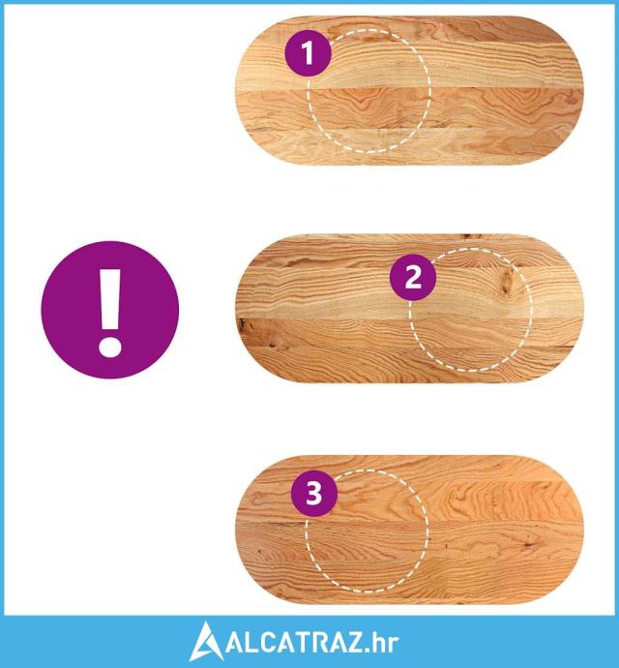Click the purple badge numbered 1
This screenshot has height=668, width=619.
click(x=308, y=53)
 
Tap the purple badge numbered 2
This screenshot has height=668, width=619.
click(x=413, y=277)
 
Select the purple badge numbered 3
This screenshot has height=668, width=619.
click(x=314, y=494)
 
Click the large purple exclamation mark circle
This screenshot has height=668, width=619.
click(x=110, y=310)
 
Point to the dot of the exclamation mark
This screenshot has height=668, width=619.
click(x=110, y=347)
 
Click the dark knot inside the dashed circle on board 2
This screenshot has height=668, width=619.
click(x=508, y=281)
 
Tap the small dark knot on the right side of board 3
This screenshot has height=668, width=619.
click(x=530, y=542)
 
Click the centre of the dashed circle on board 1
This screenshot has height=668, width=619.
click(x=368, y=90)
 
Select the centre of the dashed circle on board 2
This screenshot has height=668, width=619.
click(x=471, y=310)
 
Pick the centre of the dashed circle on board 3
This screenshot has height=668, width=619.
click(x=367, y=531)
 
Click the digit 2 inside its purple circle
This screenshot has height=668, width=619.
click(x=413, y=277)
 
